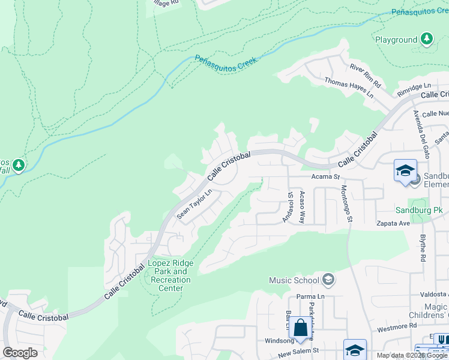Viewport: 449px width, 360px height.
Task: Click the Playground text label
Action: [396, 40]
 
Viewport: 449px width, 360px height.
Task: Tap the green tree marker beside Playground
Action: [427, 40]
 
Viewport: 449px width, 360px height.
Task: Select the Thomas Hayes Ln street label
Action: [349, 88]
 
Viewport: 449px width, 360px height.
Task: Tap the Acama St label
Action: [325, 177]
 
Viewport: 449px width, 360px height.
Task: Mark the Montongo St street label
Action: [347, 203]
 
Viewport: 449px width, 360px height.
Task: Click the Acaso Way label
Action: [303, 207]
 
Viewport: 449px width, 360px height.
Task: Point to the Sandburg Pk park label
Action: [418, 211]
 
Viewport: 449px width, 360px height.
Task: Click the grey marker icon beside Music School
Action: [328, 280]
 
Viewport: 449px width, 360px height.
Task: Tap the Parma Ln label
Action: [311, 296]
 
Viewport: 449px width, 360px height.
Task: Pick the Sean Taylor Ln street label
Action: [194, 204]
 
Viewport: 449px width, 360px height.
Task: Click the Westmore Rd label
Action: [397, 326]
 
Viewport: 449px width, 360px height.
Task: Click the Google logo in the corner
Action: [20, 352]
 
